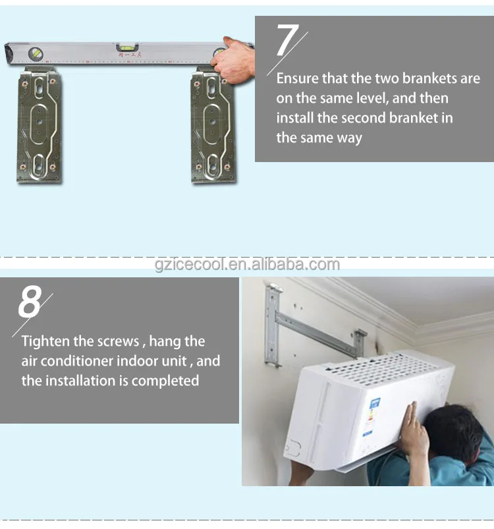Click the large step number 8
[30, 302]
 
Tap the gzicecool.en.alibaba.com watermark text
[247, 265]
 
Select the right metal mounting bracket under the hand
[213, 129]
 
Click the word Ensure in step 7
[297, 78]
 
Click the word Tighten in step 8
[45, 341]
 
